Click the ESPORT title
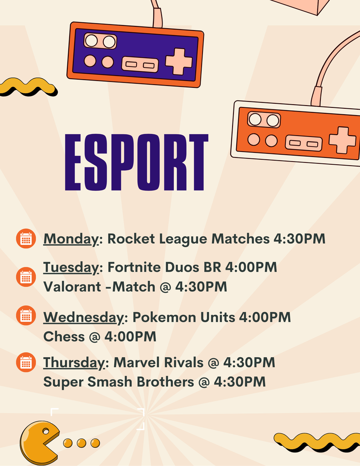coord(137,162)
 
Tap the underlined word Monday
coord(71,239)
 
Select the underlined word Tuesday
coord(71,267)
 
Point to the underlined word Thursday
coord(74,363)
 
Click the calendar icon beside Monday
coord(26,239)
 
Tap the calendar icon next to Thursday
coord(26,362)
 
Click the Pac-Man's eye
coord(46,431)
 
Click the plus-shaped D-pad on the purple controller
coord(179,61)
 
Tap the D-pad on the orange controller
coord(342,140)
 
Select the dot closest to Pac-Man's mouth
coord(68,443)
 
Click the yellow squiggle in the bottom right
coord(316,441)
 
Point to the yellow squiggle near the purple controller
coord(27,86)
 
